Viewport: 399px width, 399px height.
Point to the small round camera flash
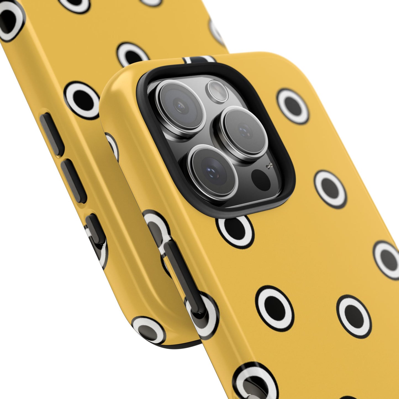[218, 90]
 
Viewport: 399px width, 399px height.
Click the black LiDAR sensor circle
[261, 180]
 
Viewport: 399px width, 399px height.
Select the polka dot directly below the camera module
[235, 231]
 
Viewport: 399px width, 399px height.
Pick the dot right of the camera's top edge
[293, 106]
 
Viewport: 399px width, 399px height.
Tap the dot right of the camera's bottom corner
[330, 189]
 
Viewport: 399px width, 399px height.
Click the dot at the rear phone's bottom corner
[149, 330]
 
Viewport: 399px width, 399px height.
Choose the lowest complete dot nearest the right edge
[354, 316]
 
